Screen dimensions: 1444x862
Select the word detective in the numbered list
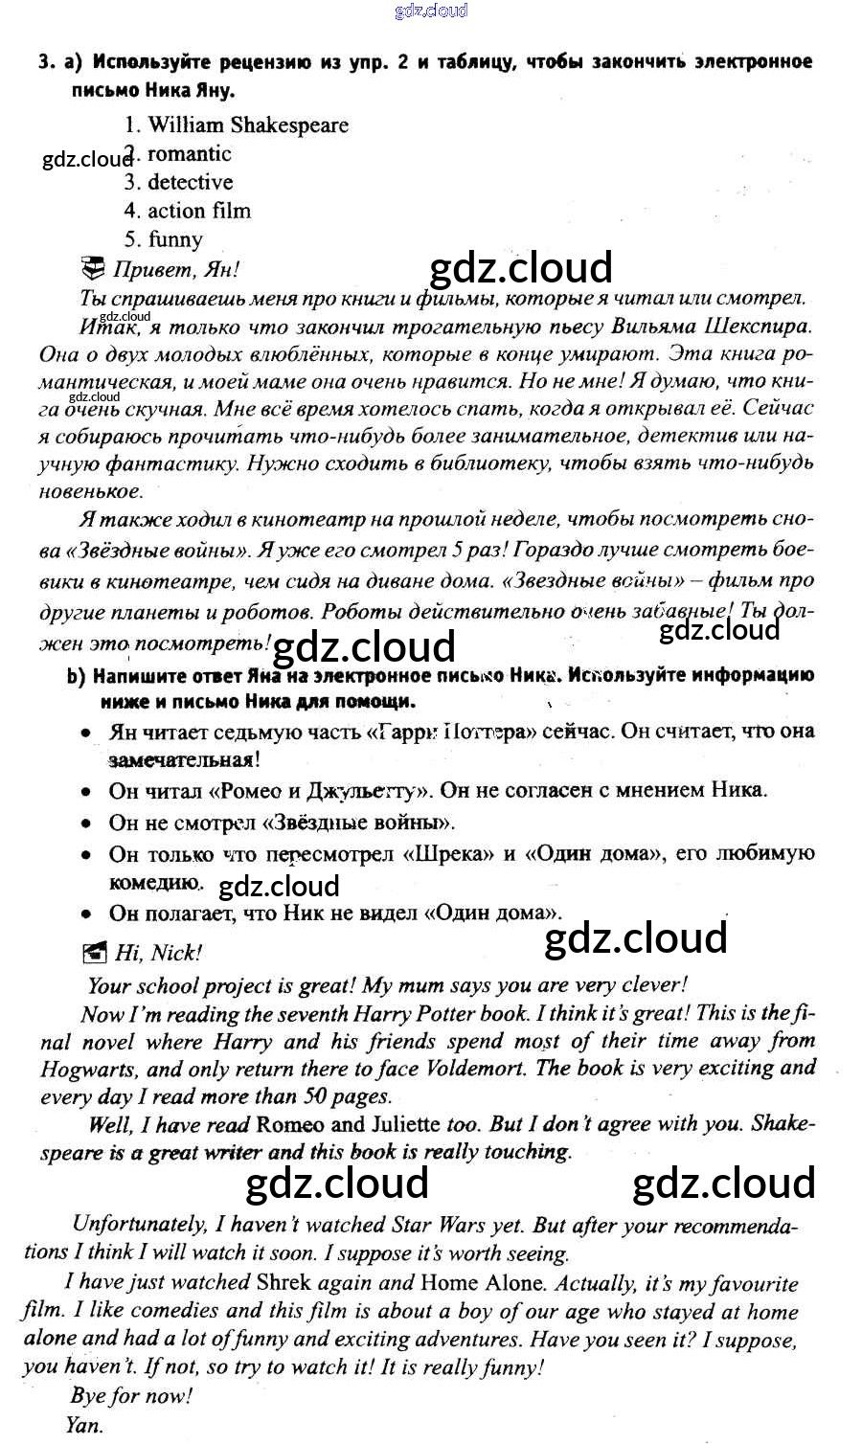190,182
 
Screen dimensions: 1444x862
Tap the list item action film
198,211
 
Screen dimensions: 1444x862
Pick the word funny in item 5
175,239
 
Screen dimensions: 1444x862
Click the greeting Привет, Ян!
175,269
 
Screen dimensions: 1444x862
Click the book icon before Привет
94,267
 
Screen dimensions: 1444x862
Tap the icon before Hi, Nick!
95,953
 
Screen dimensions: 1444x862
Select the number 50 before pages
317,1096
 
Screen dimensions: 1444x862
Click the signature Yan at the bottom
84,1425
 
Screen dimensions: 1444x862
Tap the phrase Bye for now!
131,1395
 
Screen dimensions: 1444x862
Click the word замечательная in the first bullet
184,760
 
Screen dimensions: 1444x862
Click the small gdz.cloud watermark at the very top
431,11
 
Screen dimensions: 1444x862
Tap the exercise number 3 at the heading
45,63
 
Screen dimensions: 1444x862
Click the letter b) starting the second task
77,676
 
